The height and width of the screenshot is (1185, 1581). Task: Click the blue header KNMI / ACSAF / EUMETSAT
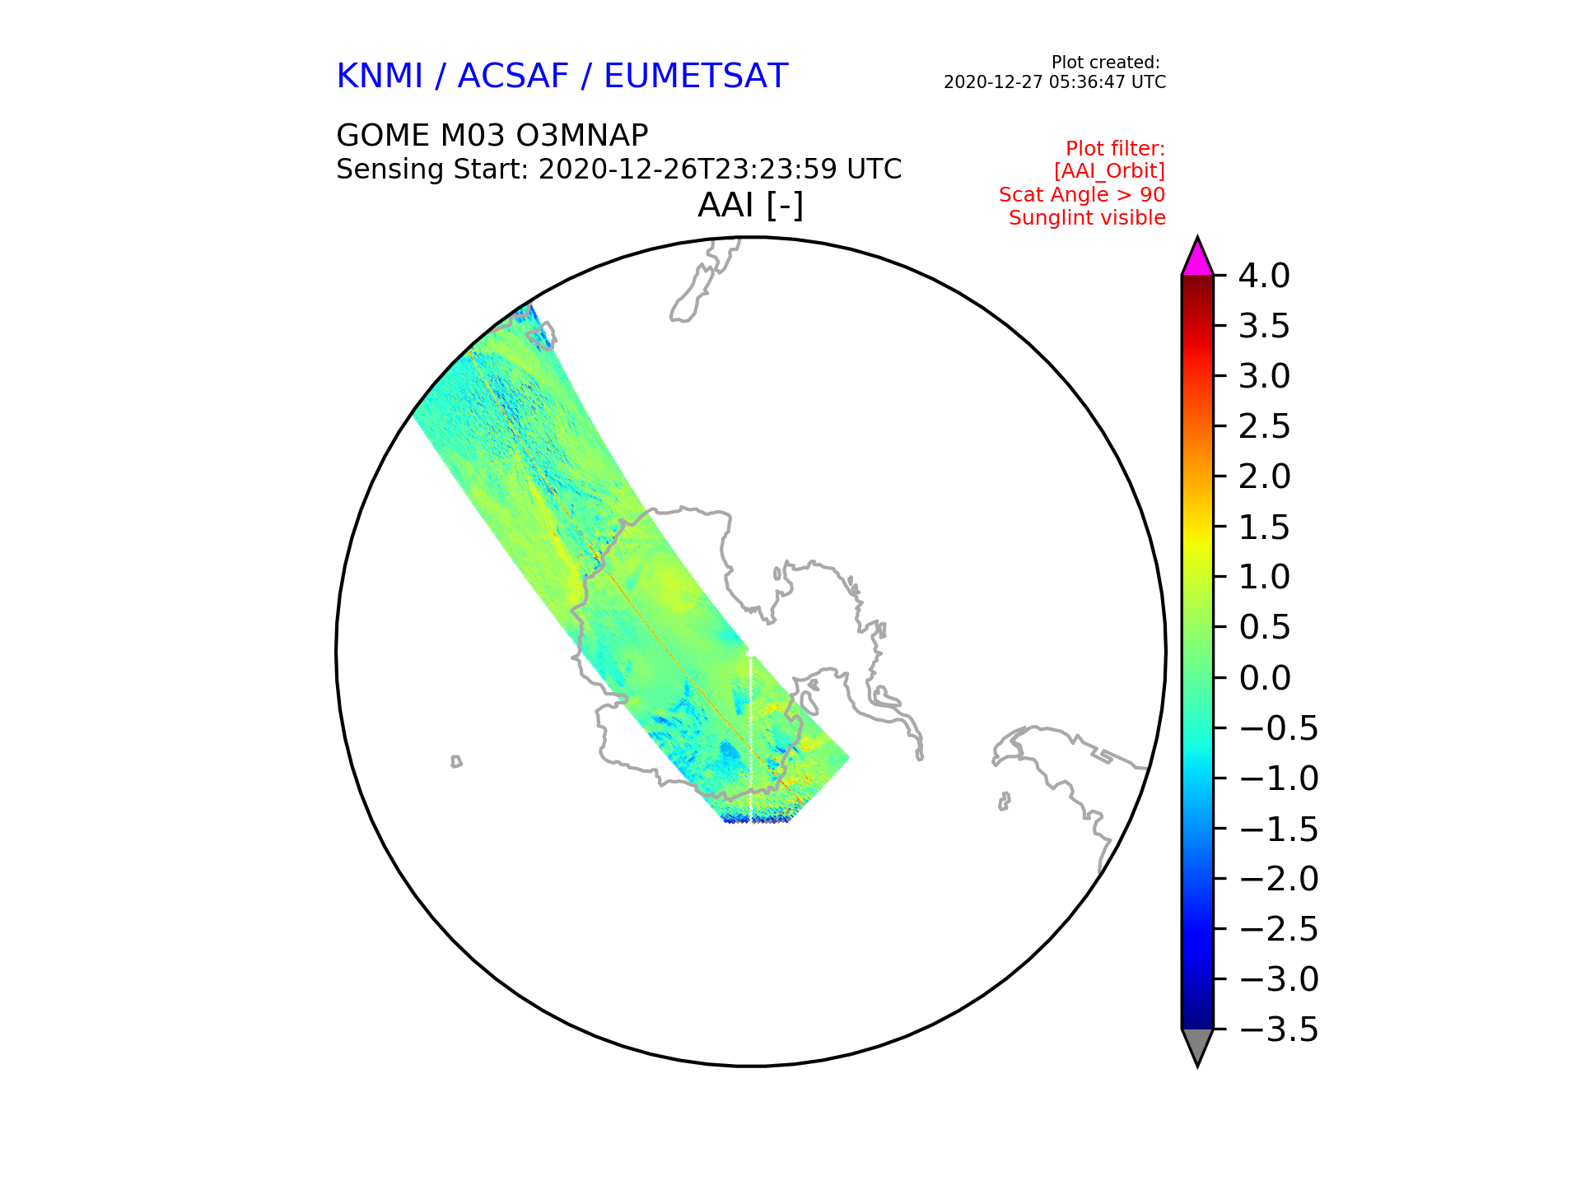[x=562, y=77]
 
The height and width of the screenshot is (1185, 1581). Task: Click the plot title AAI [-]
[x=750, y=205]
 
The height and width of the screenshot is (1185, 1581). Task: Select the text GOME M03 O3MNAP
[x=492, y=135]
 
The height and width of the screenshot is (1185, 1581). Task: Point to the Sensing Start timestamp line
[x=619, y=170]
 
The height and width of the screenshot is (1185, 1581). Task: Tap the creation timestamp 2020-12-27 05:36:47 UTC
[x=1055, y=82]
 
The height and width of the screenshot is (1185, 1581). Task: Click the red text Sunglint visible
[x=1087, y=218]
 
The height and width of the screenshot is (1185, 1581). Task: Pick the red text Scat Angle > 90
[x=1082, y=195]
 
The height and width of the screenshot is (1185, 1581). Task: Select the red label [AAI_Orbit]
[x=1109, y=171]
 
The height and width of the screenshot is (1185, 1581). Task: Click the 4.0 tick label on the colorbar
[x=1264, y=276]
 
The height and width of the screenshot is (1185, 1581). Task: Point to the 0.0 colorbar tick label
[x=1264, y=678]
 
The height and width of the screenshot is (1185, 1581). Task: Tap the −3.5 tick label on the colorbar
[x=1279, y=1029]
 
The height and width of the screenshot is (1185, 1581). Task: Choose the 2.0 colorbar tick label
[x=1264, y=476]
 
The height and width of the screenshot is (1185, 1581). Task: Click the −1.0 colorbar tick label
[x=1279, y=778]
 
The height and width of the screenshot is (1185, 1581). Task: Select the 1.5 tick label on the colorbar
[x=1264, y=527]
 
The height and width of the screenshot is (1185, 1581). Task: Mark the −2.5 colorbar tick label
[x=1279, y=929]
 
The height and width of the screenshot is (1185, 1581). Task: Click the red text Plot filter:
[x=1115, y=149]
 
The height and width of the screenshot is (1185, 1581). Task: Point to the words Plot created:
[x=1106, y=63]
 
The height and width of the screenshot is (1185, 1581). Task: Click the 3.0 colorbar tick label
[x=1264, y=376]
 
